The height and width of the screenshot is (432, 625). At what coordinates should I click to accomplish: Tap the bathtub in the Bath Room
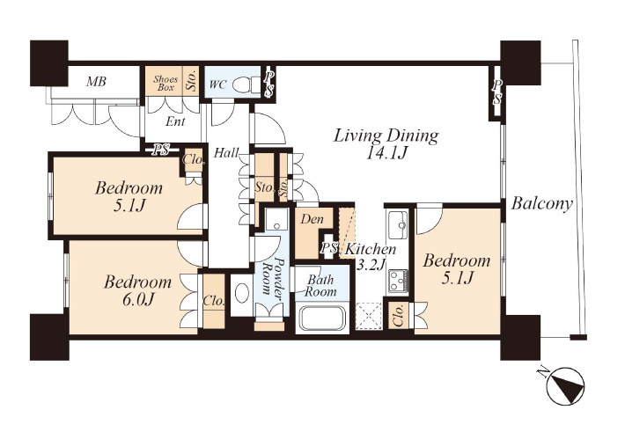click(x=322, y=319)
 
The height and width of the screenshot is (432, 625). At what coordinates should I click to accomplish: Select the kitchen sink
click(x=397, y=224)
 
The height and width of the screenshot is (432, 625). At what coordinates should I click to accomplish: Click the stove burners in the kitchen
click(x=398, y=281)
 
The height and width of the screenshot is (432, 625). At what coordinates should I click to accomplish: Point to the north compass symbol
click(x=565, y=385)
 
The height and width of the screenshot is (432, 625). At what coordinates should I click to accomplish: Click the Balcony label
click(x=542, y=203)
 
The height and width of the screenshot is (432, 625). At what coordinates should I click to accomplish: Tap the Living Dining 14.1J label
click(x=386, y=143)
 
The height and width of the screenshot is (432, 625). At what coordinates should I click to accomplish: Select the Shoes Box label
click(x=165, y=83)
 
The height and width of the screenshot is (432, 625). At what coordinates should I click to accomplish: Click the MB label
click(x=97, y=82)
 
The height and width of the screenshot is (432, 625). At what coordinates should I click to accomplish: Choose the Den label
click(x=312, y=219)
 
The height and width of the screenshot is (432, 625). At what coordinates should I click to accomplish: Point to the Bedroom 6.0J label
click(x=137, y=290)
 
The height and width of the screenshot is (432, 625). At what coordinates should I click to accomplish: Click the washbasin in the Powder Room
click(x=242, y=293)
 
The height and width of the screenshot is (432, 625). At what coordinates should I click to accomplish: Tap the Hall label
click(x=226, y=152)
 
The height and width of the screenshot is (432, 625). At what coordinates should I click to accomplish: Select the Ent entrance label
click(x=175, y=121)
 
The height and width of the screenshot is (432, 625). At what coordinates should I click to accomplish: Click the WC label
click(x=217, y=84)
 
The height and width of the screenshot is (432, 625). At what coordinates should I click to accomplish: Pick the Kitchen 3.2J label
click(x=371, y=256)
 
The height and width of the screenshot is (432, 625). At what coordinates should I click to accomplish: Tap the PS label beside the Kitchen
click(x=329, y=248)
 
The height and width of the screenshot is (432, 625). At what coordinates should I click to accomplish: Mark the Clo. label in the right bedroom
click(x=400, y=315)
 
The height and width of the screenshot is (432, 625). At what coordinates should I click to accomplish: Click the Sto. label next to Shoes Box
click(x=192, y=81)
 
